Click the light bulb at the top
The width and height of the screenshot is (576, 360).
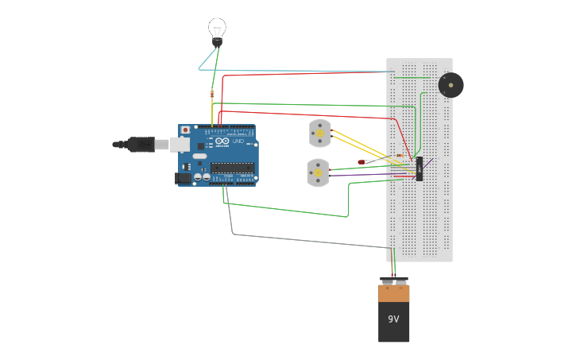(217, 29)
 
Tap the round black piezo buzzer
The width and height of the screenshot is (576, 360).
(450, 85)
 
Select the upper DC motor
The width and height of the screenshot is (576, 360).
(319, 134)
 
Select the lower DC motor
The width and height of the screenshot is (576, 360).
(318, 172)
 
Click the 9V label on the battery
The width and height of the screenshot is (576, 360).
(393, 319)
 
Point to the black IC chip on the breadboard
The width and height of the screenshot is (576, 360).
(419, 168)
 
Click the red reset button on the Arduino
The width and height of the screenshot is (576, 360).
(185, 130)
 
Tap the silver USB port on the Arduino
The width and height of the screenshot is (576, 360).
(180, 144)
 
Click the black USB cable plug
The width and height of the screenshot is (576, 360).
(140, 144)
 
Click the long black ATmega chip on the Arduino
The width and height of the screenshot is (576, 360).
(233, 167)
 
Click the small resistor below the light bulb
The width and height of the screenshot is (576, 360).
(212, 94)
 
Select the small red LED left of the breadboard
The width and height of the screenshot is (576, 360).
(362, 162)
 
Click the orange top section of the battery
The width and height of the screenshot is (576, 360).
(393, 293)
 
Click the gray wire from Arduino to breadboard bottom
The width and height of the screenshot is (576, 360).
(310, 241)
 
